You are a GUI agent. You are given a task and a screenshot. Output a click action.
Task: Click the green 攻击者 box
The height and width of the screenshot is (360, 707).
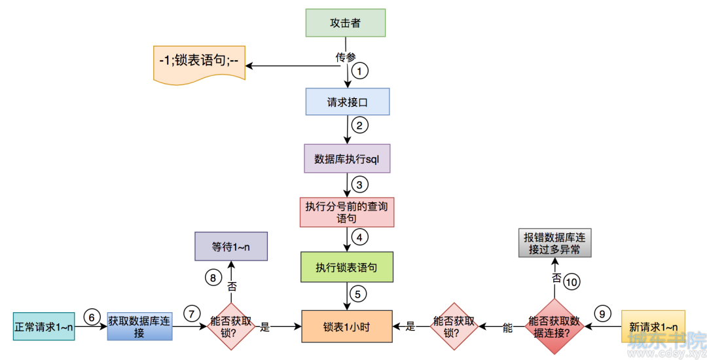[346, 23]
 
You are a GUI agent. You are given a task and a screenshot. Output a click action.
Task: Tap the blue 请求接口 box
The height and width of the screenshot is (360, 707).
[347, 102]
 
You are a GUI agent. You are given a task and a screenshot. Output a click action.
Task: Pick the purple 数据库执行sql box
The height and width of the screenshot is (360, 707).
[347, 158]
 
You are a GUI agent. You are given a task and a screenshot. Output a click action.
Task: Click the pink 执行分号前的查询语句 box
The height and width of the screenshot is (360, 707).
[347, 212]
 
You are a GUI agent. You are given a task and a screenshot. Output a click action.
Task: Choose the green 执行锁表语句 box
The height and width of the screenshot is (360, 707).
[347, 267]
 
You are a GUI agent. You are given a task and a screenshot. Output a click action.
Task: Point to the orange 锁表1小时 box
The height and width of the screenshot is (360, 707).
[347, 327]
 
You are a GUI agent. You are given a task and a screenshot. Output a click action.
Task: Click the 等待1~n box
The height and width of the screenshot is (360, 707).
[231, 247]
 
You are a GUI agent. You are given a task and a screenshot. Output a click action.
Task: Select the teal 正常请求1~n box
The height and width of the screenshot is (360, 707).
[44, 327]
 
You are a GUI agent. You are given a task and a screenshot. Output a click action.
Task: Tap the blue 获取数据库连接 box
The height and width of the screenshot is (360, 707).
[139, 327]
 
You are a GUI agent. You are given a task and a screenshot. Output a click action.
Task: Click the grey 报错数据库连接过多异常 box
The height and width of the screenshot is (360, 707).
[554, 243]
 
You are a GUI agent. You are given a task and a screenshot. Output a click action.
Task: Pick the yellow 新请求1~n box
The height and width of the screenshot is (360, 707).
[653, 327]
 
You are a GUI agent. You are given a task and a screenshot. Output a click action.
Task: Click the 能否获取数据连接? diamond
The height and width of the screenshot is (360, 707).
[554, 327]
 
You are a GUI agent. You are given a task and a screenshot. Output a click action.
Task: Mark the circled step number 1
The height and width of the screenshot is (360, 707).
[359, 71]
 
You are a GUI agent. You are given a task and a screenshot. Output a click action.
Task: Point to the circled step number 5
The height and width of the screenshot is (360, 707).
[357, 294]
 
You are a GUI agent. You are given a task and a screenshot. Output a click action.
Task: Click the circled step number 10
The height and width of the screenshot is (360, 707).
[571, 282]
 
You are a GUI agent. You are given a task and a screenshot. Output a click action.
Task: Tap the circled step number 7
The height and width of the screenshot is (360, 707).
[192, 314]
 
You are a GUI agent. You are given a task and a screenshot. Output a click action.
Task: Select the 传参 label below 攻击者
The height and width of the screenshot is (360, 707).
[346, 57]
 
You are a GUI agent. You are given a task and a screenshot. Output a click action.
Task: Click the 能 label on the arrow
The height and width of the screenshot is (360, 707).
[508, 328]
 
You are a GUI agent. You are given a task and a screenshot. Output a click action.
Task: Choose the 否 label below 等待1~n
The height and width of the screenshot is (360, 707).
[232, 287]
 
